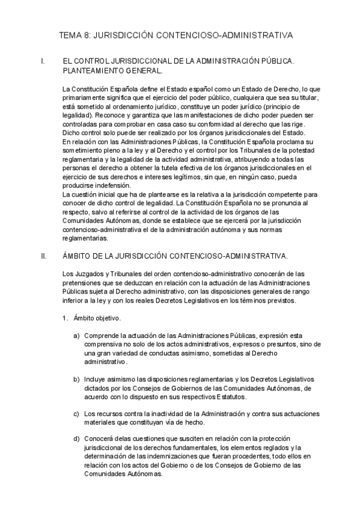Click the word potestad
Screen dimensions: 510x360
point(306,150)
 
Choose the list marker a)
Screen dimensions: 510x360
point(77,335)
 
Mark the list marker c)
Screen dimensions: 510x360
point(77,414)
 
